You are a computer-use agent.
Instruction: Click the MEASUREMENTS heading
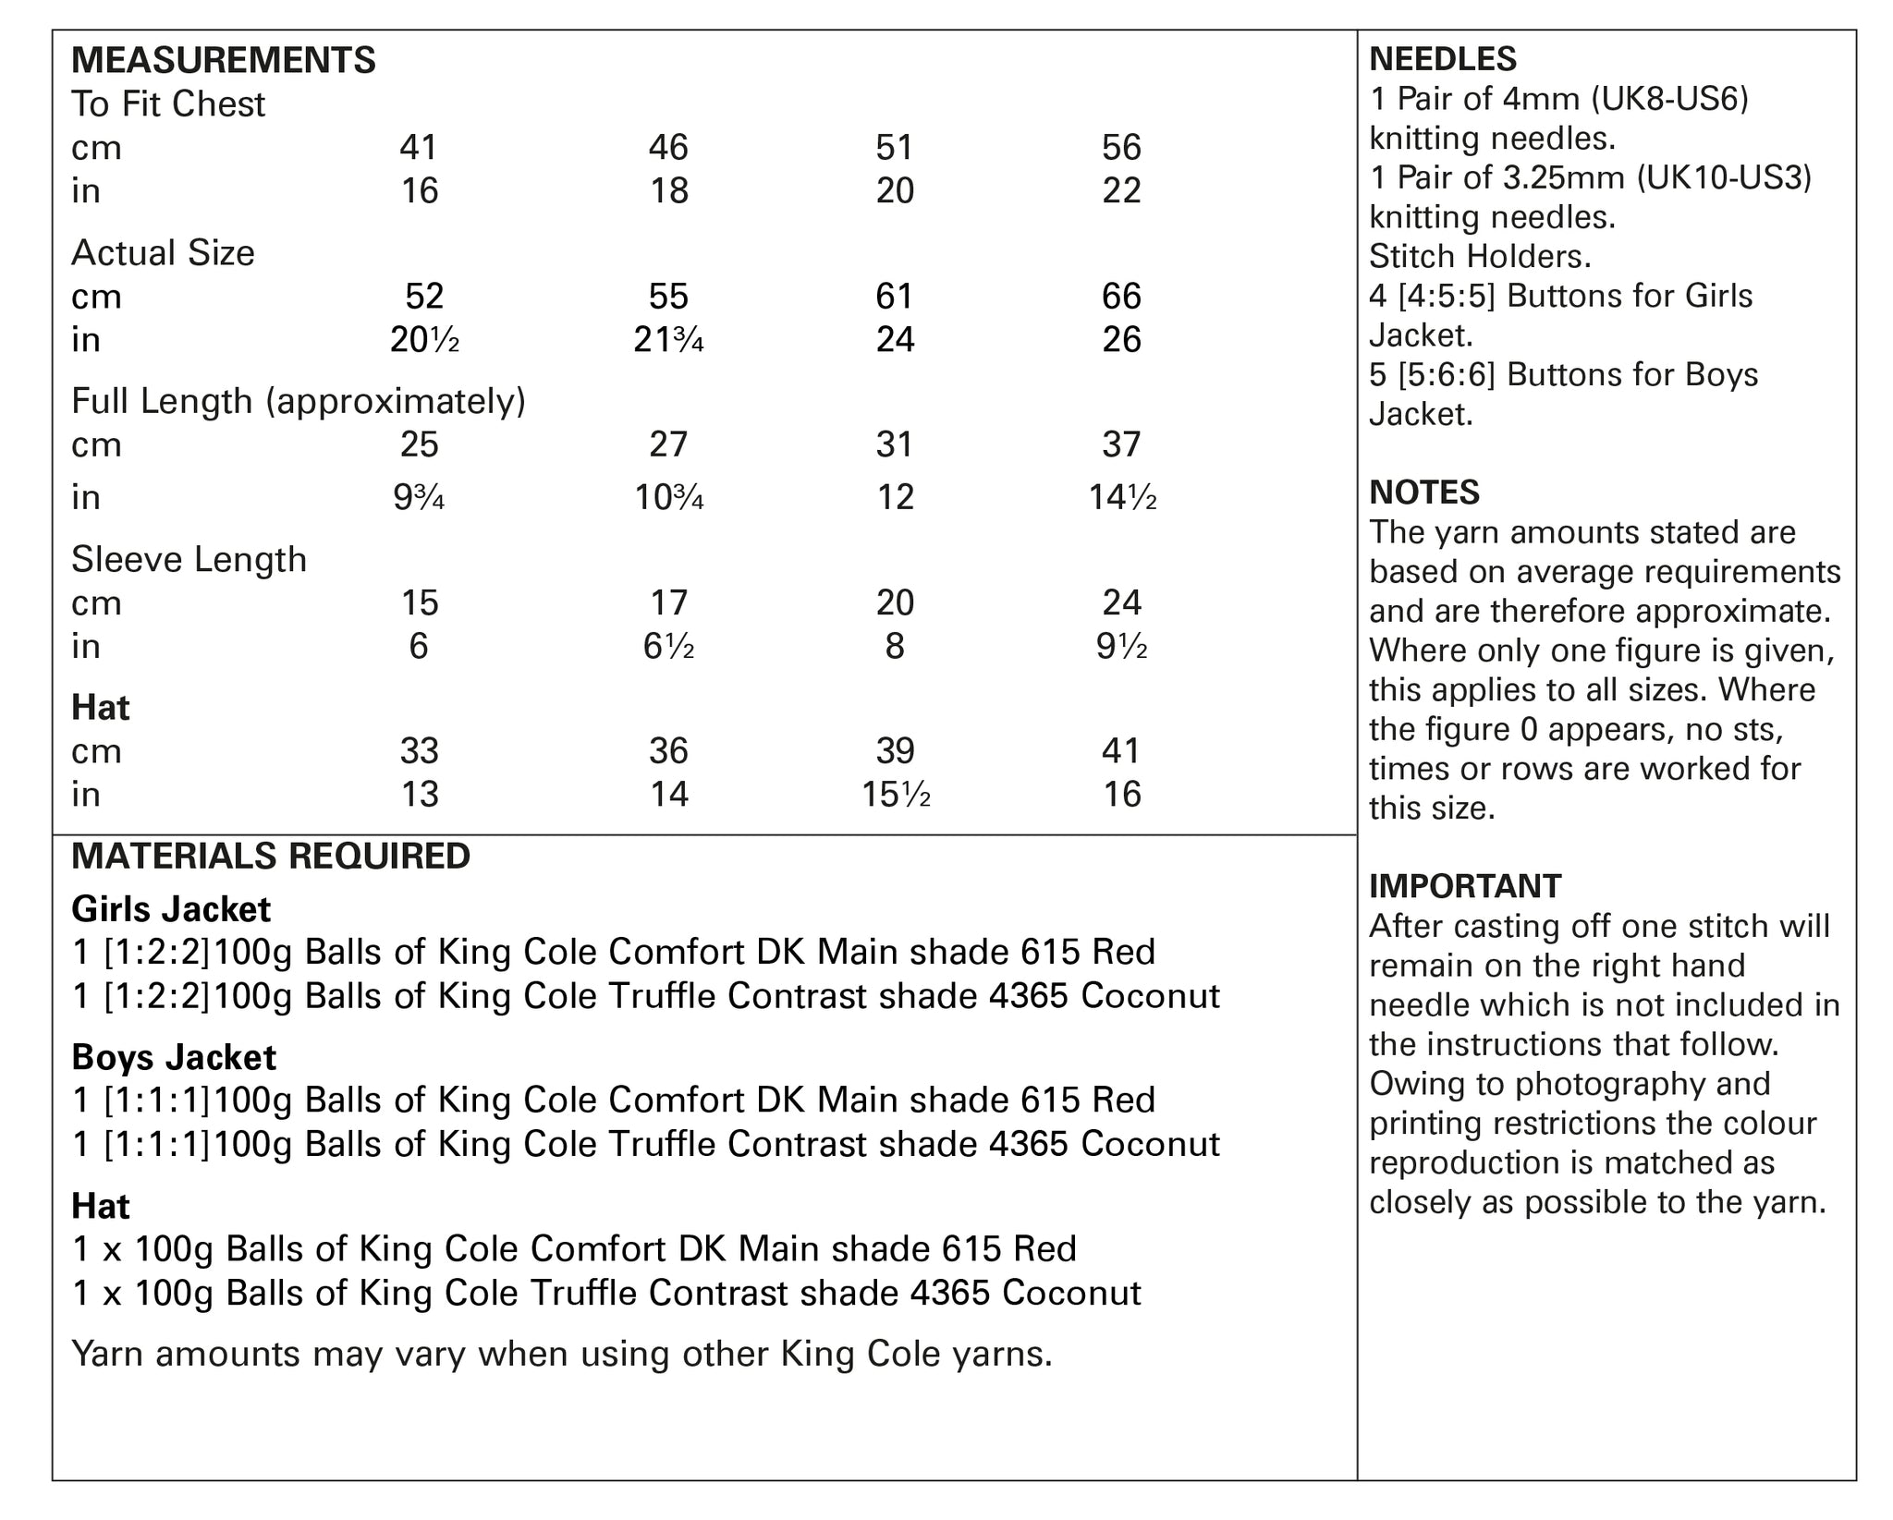pos(224,60)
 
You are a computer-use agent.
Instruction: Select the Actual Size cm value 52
pos(424,297)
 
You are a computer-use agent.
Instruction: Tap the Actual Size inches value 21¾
pos(668,340)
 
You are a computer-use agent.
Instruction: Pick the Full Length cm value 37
pos(1121,445)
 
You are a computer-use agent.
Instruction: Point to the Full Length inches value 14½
pos(1122,498)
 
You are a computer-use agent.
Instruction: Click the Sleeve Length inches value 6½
pos(668,646)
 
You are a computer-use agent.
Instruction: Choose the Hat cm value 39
pos(895,751)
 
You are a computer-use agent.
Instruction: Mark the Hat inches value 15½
pos(895,795)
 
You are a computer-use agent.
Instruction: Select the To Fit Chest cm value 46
pos(668,148)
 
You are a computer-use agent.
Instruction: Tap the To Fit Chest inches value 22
pos(1121,191)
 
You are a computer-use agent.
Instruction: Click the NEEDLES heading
pos(1443,59)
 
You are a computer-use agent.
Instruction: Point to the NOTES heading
pos(1424,492)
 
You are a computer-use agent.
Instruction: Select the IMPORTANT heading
pos(1465,886)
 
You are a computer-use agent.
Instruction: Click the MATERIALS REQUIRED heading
pos(271,857)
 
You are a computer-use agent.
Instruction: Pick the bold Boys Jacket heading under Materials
pos(174,1057)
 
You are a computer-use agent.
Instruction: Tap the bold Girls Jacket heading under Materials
pos(171,909)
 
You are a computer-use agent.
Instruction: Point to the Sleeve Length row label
pos(189,560)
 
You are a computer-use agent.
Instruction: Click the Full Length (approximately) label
pos(299,402)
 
